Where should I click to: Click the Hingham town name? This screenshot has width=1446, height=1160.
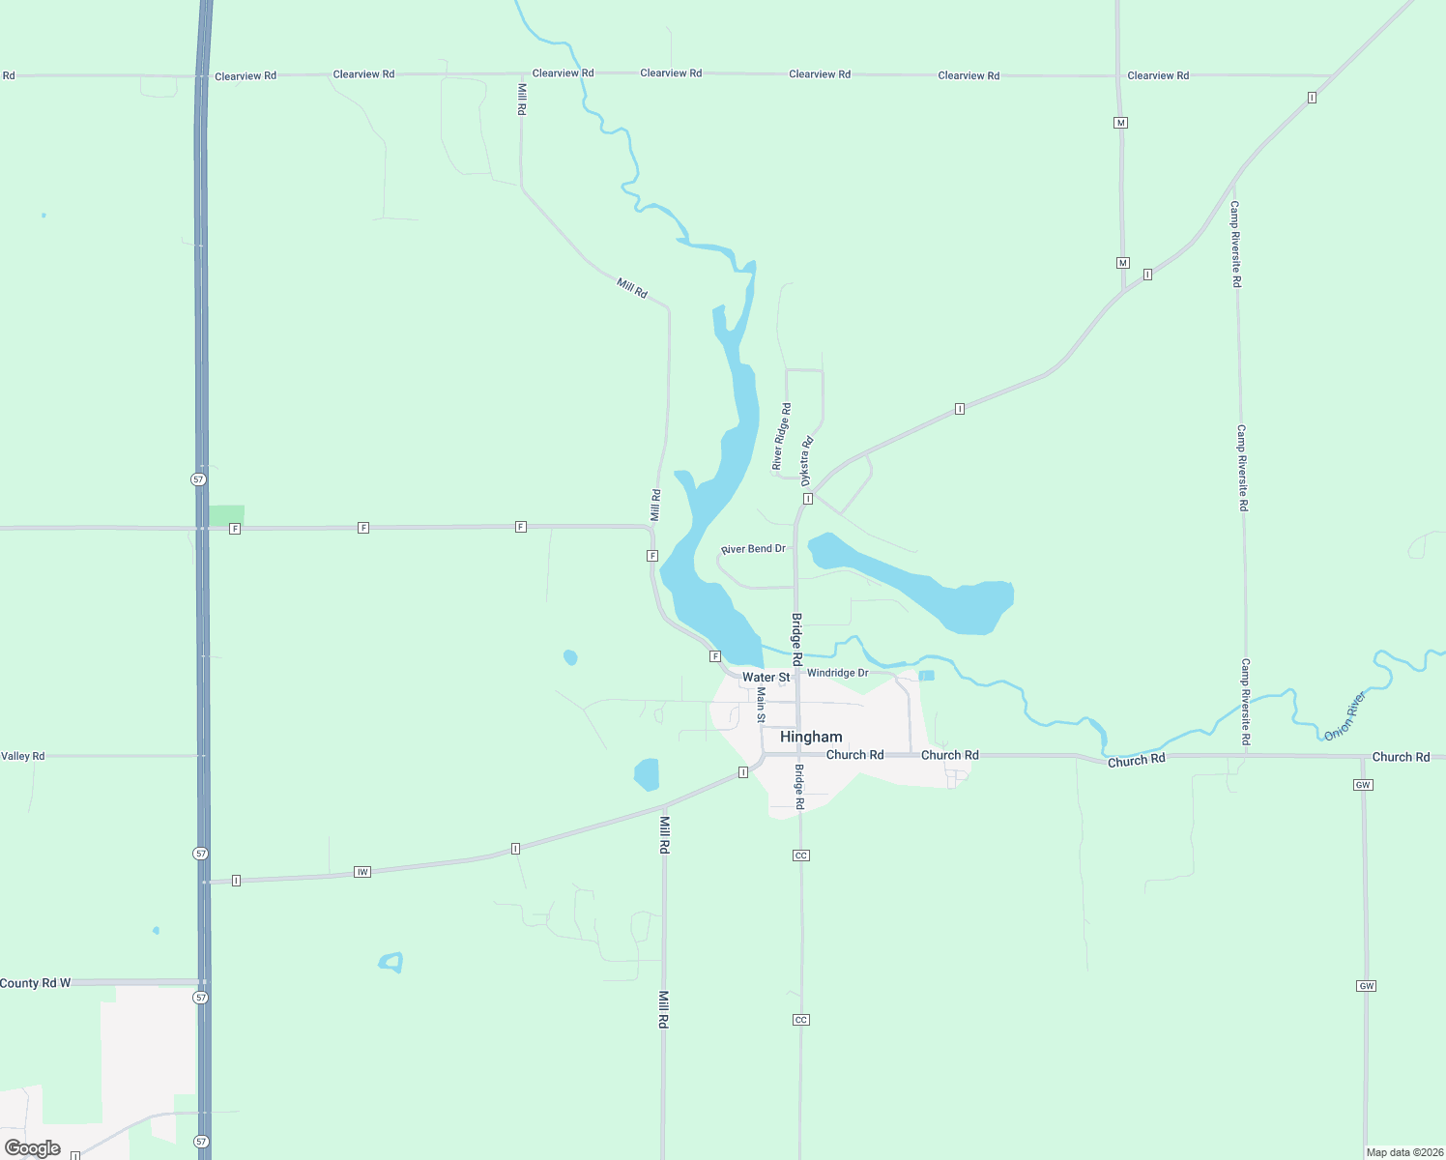[x=811, y=737]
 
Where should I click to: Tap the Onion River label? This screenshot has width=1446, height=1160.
[x=1345, y=716]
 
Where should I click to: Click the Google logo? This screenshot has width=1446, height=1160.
[x=33, y=1148]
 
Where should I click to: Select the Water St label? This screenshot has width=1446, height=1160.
[x=766, y=678]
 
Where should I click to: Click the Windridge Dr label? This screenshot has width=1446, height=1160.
[x=837, y=673]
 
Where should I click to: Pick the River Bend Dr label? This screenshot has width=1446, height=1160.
[x=754, y=549]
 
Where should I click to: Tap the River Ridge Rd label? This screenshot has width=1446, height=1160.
[x=781, y=437]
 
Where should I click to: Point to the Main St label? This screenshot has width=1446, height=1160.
[x=761, y=706]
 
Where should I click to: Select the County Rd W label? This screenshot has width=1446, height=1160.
[x=36, y=983]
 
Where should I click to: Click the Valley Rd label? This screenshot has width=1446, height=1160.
[x=23, y=756]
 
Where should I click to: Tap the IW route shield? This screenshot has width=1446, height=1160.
[x=362, y=872]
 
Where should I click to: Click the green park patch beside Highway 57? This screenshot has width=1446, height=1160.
[x=227, y=515]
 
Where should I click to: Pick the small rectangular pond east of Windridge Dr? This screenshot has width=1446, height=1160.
[x=926, y=676]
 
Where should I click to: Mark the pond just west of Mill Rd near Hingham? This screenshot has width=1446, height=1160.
[x=647, y=774]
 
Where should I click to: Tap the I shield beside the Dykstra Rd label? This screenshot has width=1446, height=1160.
[x=807, y=499]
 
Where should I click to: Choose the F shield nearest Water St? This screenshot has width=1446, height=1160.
[x=715, y=656]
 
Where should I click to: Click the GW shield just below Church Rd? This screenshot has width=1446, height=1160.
[x=1363, y=785]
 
